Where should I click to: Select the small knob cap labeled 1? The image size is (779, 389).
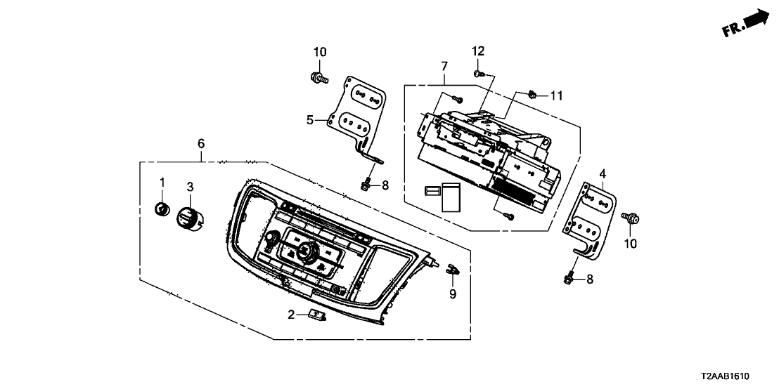click(162, 209)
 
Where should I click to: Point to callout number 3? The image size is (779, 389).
click(189, 186)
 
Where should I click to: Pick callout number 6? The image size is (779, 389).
click(201, 143)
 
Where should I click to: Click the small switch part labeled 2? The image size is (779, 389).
click(317, 315)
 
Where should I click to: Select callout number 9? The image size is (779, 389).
click(453, 294)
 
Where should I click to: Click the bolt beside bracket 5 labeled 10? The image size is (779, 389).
click(318, 77)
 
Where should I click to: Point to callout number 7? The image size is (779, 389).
click(444, 67)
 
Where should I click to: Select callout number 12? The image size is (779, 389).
click(478, 51)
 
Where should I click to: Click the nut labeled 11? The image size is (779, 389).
click(533, 95)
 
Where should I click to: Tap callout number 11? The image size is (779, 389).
click(557, 95)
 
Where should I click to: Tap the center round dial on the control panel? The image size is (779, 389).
click(307, 251)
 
